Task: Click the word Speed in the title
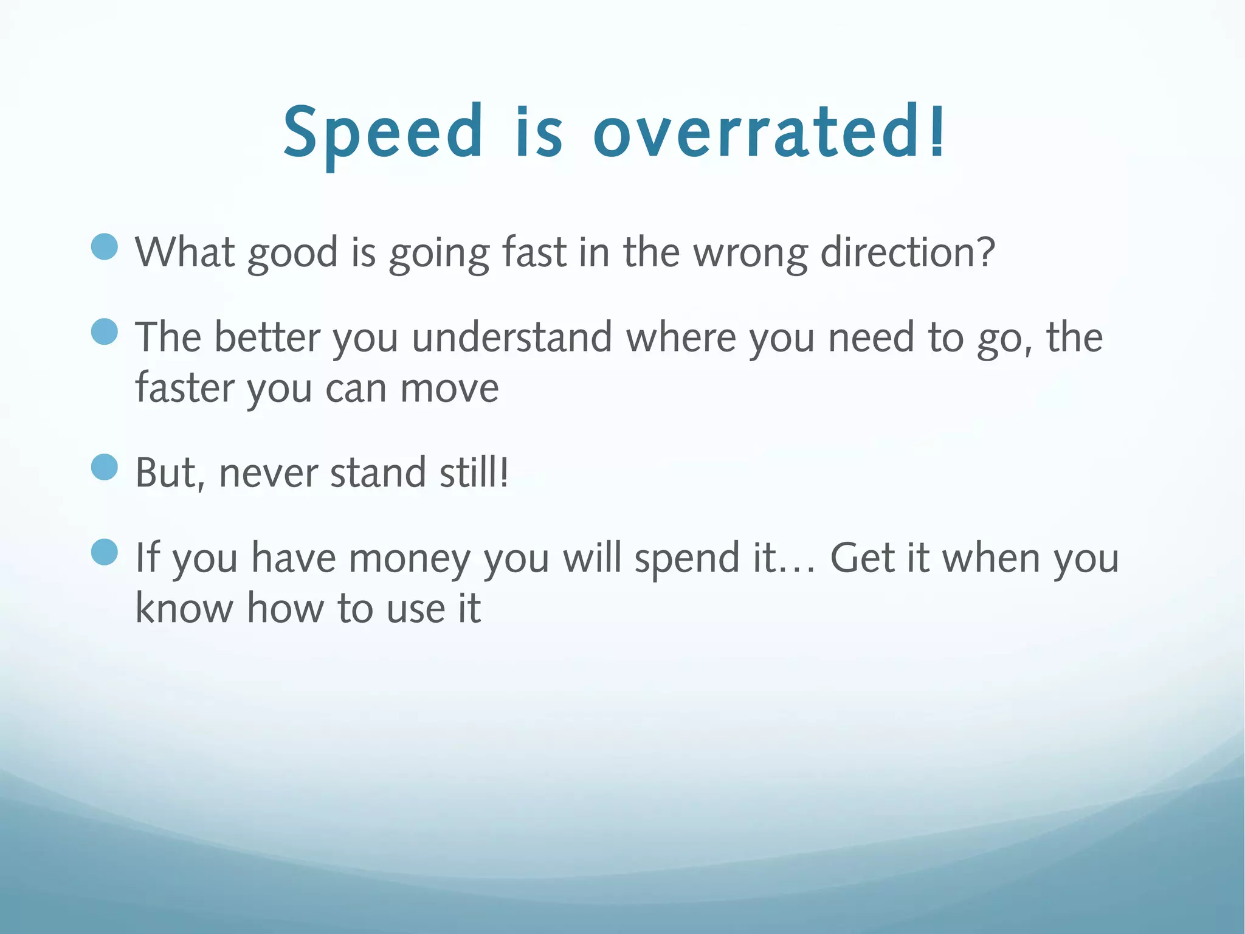point(383,133)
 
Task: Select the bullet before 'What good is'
point(105,247)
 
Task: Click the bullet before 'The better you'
point(105,332)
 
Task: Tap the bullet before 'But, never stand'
point(105,468)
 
